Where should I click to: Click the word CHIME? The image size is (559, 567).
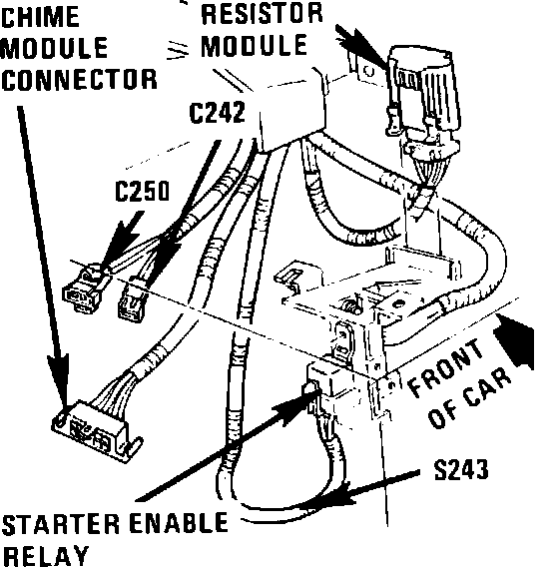click(x=41, y=17)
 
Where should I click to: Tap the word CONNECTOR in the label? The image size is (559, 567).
click(x=79, y=79)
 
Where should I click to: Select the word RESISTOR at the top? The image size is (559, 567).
click(x=262, y=13)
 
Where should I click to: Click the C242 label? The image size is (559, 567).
click(x=218, y=113)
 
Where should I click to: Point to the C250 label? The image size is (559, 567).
click(x=143, y=191)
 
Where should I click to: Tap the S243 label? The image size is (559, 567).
click(x=461, y=470)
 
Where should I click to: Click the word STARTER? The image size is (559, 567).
click(x=60, y=525)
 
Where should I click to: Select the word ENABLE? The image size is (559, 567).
click(x=179, y=523)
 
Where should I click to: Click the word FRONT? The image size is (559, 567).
click(x=446, y=366)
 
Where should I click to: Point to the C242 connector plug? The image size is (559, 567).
click(x=133, y=298)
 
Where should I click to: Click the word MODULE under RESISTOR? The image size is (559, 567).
click(x=254, y=45)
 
